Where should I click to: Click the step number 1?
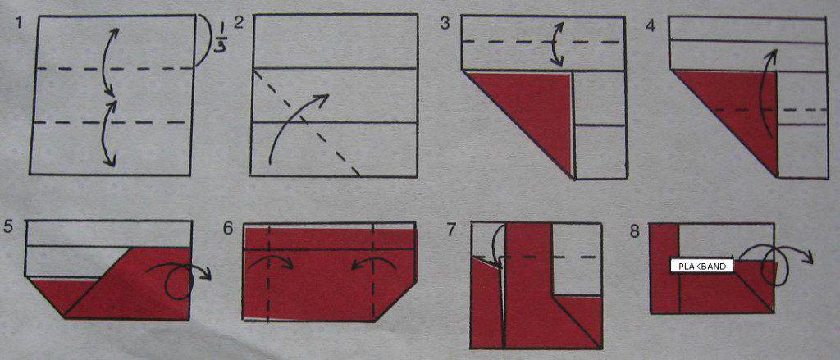[x=20, y=24]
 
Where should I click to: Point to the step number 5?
[x=7, y=226]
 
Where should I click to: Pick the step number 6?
[x=228, y=228]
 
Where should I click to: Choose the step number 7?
[x=453, y=230]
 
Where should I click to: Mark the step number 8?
[x=635, y=232]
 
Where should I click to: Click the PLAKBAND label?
[x=702, y=266]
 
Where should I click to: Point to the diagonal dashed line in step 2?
[x=306, y=122]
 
